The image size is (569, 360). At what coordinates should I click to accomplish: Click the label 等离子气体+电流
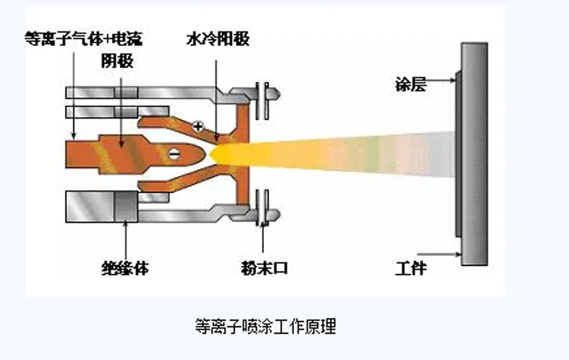click(x=83, y=39)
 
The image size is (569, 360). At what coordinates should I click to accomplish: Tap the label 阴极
click(x=119, y=61)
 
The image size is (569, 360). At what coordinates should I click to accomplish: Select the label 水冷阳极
click(x=218, y=39)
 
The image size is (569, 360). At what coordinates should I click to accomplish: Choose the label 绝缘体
click(x=126, y=267)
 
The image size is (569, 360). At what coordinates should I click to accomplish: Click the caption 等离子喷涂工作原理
click(x=265, y=326)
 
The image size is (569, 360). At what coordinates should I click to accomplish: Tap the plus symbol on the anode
click(x=197, y=126)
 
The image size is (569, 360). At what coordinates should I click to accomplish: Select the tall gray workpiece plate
click(x=474, y=154)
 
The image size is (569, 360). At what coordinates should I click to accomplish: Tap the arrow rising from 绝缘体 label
click(x=126, y=239)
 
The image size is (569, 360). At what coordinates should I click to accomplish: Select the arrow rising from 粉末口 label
click(x=263, y=239)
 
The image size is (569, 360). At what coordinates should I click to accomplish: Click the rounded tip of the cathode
click(x=199, y=152)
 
